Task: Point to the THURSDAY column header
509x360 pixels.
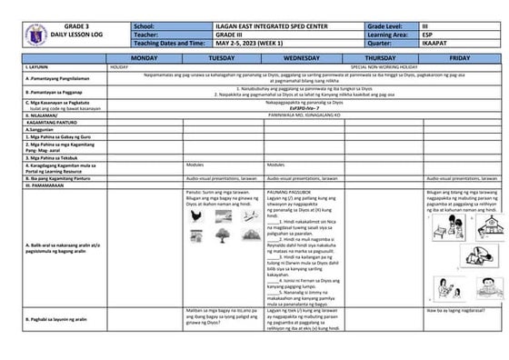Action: click(x=385, y=57)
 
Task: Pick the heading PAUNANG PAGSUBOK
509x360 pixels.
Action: click(x=286, y=192)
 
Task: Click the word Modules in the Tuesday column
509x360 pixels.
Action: click(x=195, y=165)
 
